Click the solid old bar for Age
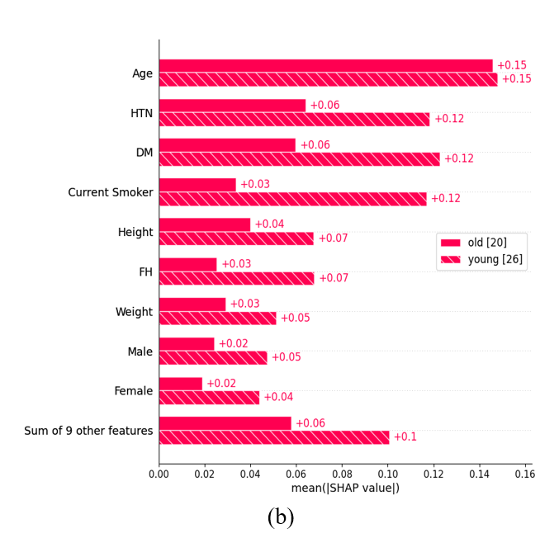click(x=326, y=66)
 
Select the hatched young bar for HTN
click(x=295, y=120)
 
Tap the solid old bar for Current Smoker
click(x=197, y=185)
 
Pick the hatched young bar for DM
click(x=300, y=159)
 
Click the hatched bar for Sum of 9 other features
click(x=274, y=437)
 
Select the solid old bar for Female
click(x=181, y=384)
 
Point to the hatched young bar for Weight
click(x=218, y=319)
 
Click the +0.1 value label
click(x=405, y=437)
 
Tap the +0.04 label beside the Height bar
click(x=269, y=224)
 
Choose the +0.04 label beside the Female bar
click(x=278, y=397)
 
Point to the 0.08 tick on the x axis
click(x=342, y=474)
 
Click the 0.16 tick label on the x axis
click(x=525, y=474)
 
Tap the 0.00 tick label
click(x=159, y=474)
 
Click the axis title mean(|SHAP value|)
click(x=345, y=488)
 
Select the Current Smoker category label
click(x=111, y=192)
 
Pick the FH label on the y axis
click(x=146, y=272)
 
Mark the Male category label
click(x=140, y=352)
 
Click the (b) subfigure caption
click(x=281, y=517)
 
